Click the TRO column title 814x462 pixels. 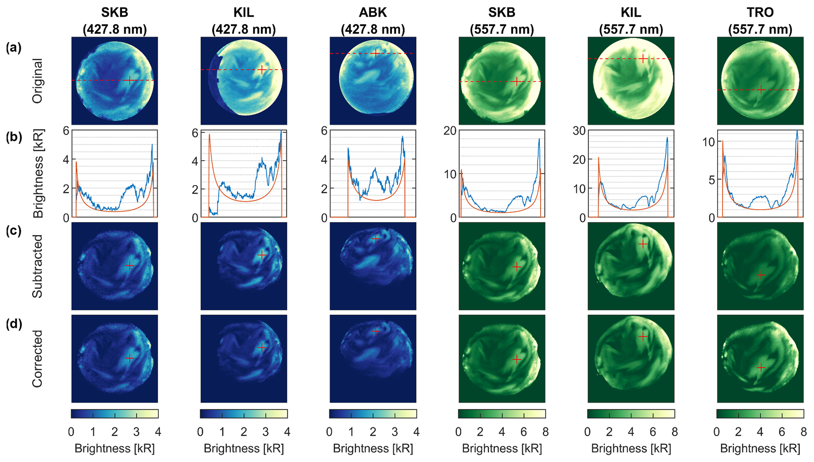tap(760, 13)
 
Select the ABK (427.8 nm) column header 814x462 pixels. tap(373, 21)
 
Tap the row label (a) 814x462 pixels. tap(13, 48)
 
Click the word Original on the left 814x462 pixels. tap(37, 81)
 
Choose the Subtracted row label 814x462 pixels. tap(37, 266)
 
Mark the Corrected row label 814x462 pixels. tap(37, 358)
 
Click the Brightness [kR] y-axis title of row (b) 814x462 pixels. tap(38, 174)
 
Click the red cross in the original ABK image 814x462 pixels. tap(376, 53)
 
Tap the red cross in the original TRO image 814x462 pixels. tap(761, 90)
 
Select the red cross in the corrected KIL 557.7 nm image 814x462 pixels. tap(643, 337)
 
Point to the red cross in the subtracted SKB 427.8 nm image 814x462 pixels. tap(129, 266)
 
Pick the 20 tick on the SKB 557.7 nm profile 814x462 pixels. tap(449, 131)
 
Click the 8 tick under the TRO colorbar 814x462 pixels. tap(803, 432)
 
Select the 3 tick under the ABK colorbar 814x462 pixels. tap(395, 432)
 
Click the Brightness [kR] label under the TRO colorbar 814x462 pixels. tap(760, 449)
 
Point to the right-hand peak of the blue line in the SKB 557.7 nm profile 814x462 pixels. tap(539, 139)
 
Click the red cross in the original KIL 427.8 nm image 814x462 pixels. tap(262, 70)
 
